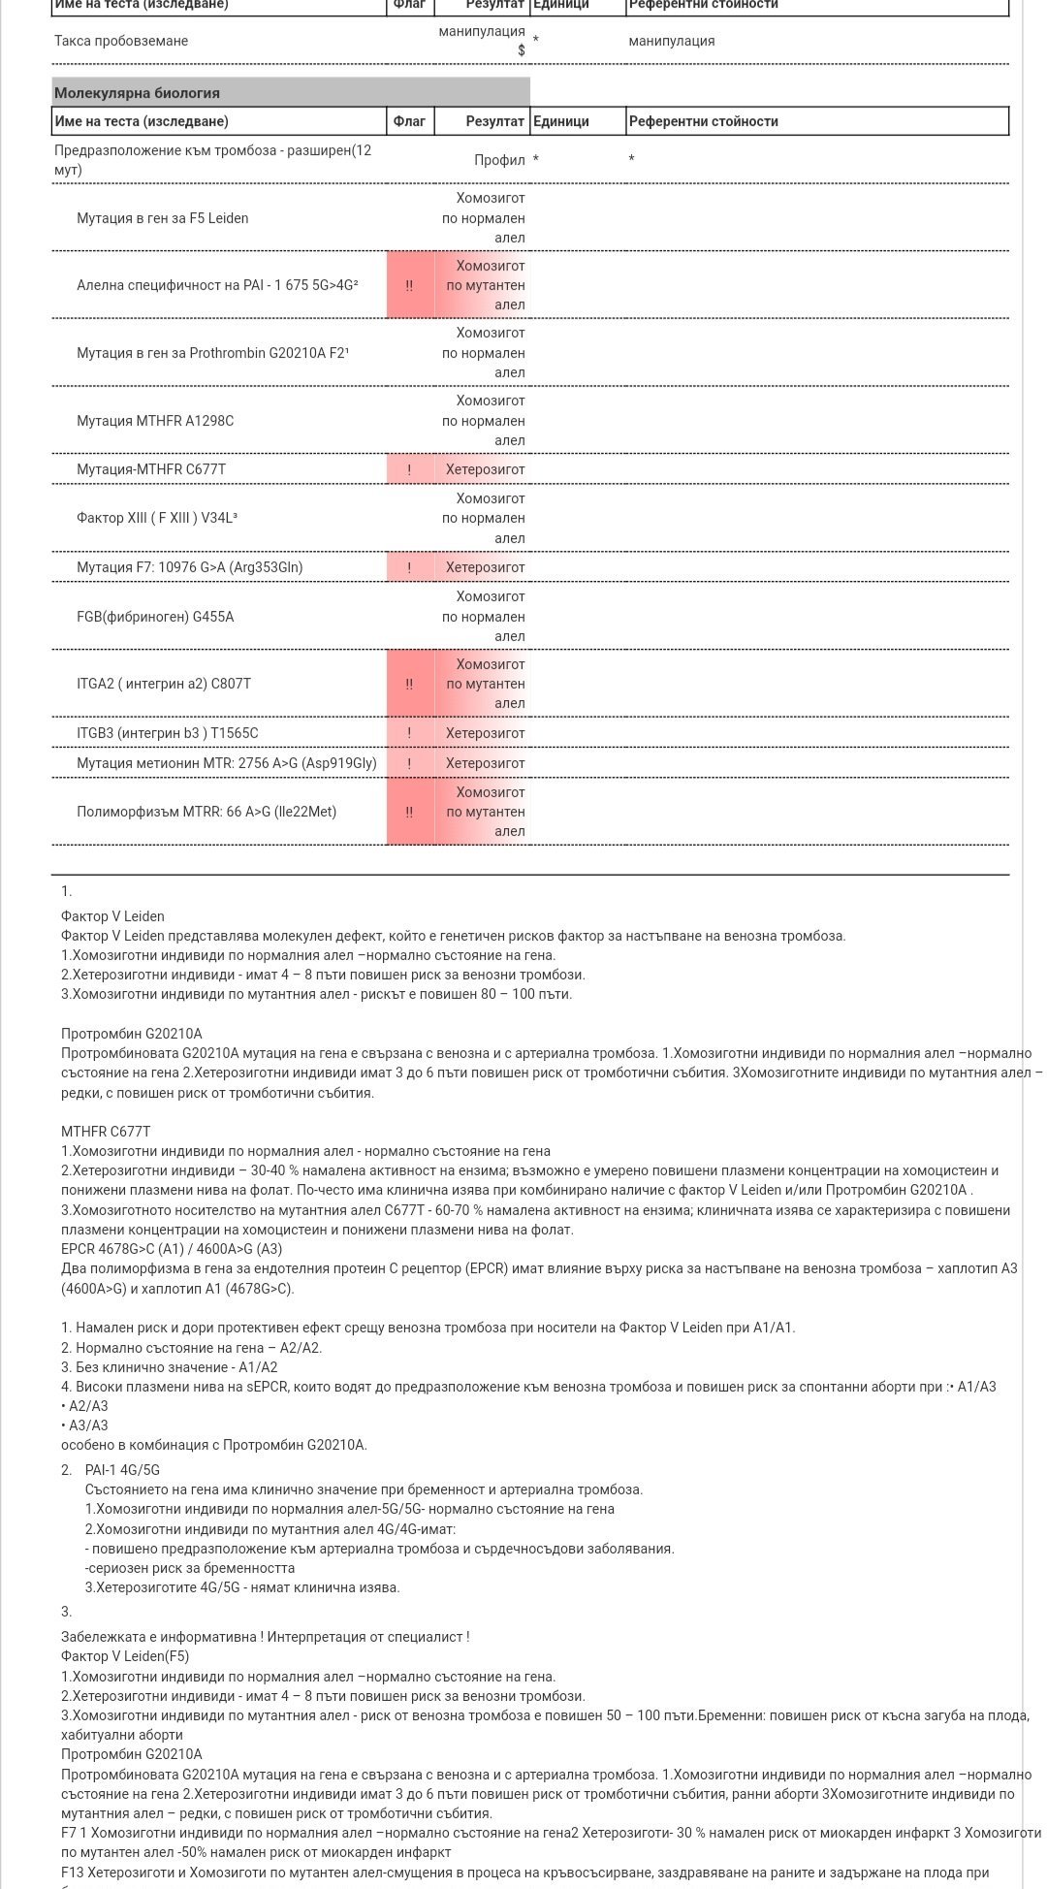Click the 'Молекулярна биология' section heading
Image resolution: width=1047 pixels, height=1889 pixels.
[137, 93]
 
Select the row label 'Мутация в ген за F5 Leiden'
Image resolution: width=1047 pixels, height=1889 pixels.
[162, 218]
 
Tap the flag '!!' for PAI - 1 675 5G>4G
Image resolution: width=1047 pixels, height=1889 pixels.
[409, 286]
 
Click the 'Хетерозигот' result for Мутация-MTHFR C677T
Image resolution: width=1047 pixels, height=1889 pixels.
[485, 469]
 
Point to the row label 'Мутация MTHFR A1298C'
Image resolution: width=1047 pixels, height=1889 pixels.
[155, 421]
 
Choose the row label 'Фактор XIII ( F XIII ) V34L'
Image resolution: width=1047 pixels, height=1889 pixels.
[156, 518]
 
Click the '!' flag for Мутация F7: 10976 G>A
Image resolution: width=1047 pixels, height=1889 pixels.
[409, 567]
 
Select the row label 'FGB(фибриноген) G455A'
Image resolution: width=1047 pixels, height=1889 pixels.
[155, 617]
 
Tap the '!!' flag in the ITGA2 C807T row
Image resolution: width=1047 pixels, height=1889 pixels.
[409, 684]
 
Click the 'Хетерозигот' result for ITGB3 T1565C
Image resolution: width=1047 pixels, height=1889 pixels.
[485, 733]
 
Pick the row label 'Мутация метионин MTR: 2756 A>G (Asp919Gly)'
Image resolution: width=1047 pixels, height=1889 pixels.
[226, 763]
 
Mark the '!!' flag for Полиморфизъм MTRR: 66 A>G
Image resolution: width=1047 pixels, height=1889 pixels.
[409, 812]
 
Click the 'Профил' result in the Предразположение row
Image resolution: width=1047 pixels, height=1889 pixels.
[499, 160]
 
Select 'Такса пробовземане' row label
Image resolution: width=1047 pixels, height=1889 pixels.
[121, 41]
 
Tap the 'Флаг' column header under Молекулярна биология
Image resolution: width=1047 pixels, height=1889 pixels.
[409, 121]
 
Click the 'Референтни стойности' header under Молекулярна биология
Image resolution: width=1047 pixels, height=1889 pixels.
[703, 121]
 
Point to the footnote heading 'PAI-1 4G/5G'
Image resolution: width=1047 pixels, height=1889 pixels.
[122, 1470]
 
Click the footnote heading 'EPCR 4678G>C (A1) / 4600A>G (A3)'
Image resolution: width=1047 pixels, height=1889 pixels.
[172, 1249]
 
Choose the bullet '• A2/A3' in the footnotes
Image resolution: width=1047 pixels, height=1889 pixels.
[84, 1406]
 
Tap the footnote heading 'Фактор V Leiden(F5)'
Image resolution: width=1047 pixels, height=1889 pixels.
[125, 1656]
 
